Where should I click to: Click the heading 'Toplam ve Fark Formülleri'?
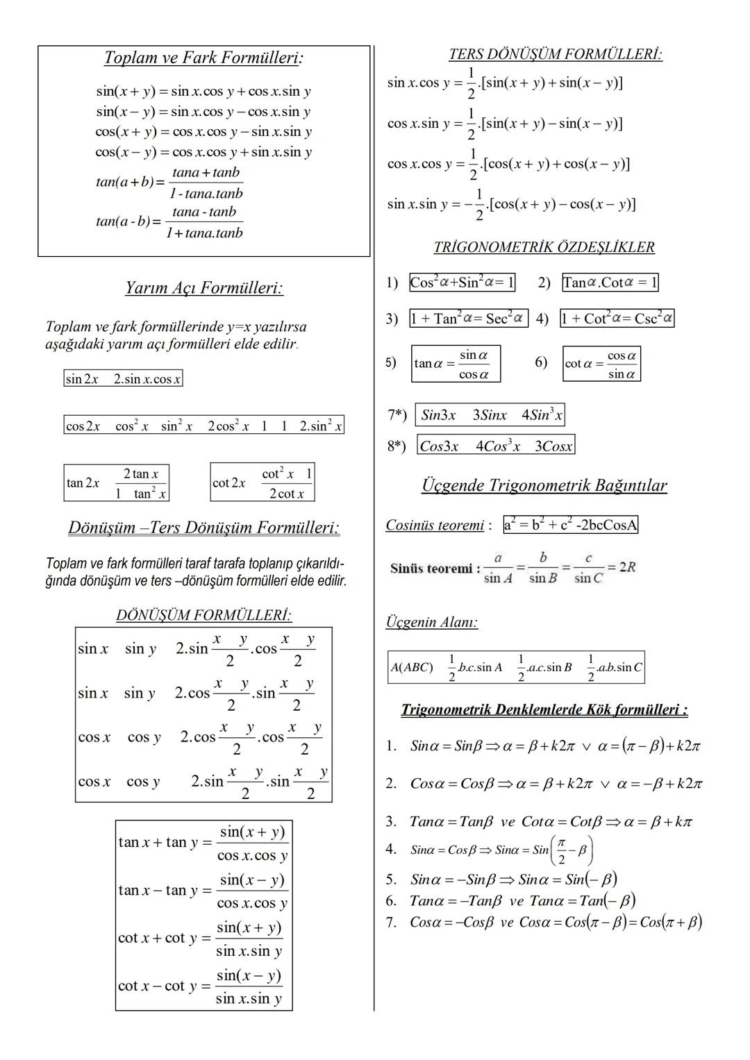[x=203, y=58]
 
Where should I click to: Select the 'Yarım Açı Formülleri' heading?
[x=204, y=288]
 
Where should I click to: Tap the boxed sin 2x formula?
[x=123, y=379]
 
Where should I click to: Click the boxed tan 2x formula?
[x=116, y=483]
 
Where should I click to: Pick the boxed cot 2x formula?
[x=262, y=482]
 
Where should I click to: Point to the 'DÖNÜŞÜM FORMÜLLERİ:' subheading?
[x=203, y=615]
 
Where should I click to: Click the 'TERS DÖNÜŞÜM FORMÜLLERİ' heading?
[x=555, y=55]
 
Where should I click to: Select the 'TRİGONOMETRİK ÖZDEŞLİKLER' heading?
[x=544, y=247]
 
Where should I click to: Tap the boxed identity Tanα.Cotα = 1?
[x=610, y=283]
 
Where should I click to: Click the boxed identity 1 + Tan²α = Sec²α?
[x=468, y=319]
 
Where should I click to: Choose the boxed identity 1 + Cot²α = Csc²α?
[x=617, y=319]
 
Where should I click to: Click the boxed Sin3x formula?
[x=490, y=415]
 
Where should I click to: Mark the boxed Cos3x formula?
[x=496, y=446]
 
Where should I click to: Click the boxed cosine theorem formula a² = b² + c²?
[x=570, y=525]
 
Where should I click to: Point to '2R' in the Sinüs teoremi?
[x=627, y=567]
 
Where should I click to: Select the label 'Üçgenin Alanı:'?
[x=432, y=622]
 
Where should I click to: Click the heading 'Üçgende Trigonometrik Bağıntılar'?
[x=544, y=485]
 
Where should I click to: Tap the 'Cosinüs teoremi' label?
[x=435, y=525]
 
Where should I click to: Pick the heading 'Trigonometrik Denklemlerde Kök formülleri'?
[x=544, y=709]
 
